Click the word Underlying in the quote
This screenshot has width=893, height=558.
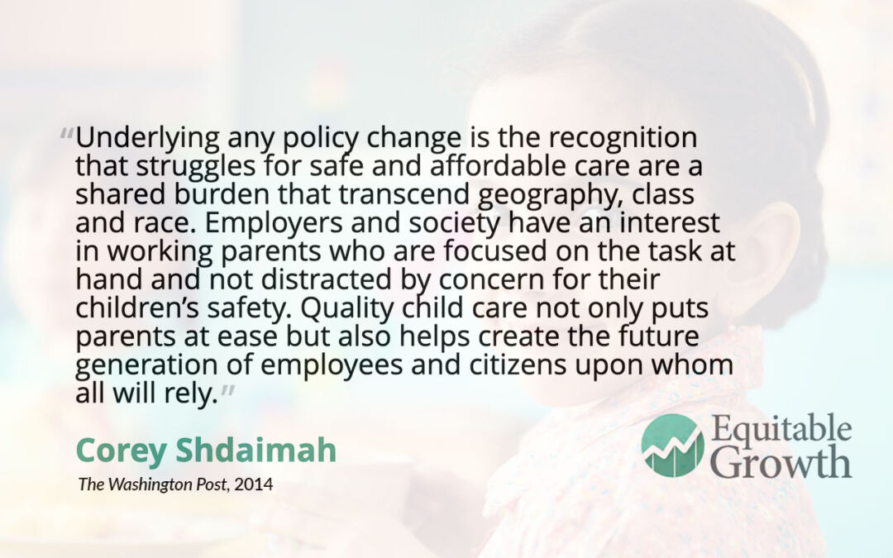pyautogui.click(x=147, y=138)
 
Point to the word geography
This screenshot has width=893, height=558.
pyautogui.click(x=547, y=195)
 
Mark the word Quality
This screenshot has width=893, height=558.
pyautogui.click(x=347, y=308)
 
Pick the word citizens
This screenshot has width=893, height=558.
pyautogui.click(x=518, y=365)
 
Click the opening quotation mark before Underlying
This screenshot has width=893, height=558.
pyautogui.click(x=67, y=135)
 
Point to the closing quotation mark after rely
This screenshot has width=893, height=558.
pyautogui.click(x=227, y=390)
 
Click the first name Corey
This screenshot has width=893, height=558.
pyautogui.click(x=121, y=451)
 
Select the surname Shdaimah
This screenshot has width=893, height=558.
pyautogui.click(x=255, y=450)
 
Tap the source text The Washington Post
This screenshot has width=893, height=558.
pyautogui.click(x=155, y=484)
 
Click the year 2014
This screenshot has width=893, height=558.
pyautogui.click(x=254, y=484)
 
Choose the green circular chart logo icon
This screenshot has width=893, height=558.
pyautogui.click(x=672, y=446)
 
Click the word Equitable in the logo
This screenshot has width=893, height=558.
pyautogui.click(x=781, y=430)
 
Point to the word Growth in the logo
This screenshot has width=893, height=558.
pyautogui.click(x=781, y=462)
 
